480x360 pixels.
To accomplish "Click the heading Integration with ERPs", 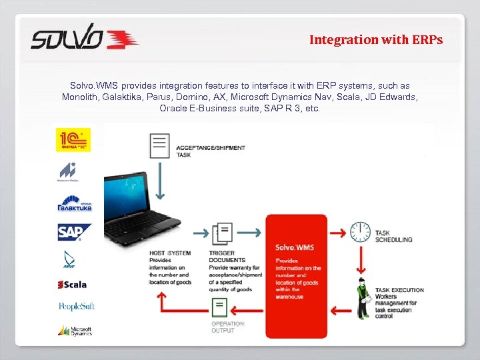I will click(x=375, y=40).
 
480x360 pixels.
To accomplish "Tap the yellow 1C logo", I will click(x=73, y=140).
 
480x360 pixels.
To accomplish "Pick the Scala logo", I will click(x=72, y=285).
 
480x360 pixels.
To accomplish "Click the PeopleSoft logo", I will click(x=76, y=306).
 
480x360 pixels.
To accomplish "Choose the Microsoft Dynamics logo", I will click(x=74, y=330).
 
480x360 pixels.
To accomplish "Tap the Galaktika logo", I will click(x=74, y=203).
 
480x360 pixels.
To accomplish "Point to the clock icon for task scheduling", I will click(x=361, y=232).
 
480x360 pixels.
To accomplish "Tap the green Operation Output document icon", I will click(x=219, y=307).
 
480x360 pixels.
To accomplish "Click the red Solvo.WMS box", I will click(x=296, y=267).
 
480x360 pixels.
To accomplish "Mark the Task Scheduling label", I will click(x=393, y=236).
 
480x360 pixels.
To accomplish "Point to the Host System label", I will click(x=170, y=253).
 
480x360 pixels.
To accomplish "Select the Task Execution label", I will click(x=399, y=290).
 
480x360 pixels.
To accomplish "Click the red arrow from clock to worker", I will click(x=361, y=261).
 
